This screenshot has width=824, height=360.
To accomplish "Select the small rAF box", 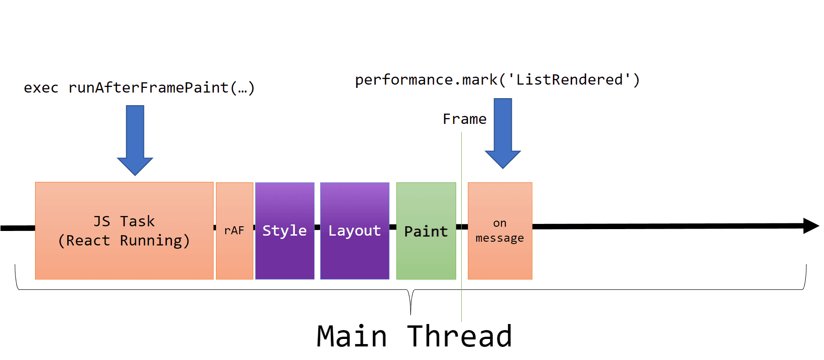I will pos(234,230).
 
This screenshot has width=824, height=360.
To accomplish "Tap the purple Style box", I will pos(285,230).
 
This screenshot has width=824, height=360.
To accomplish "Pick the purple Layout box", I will pos(354,230).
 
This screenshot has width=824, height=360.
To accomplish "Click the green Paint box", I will pos(426,231).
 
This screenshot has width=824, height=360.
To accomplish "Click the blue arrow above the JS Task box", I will pos(135,140).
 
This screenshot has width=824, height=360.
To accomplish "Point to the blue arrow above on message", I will pos(503,133).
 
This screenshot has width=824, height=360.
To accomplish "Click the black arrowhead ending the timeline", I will pos(811,226).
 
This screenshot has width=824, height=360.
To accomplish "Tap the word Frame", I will pos(465,119).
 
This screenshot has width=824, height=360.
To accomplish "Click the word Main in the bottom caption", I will pos(352,337).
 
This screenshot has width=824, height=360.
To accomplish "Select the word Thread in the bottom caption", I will pos(459,337).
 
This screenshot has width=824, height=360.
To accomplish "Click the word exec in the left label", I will pos(41,88).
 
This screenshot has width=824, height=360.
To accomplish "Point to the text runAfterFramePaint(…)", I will pos(161,88).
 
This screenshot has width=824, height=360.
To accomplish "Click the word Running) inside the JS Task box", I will pos(155,241).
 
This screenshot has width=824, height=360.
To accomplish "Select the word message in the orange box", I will pos(500,238).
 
